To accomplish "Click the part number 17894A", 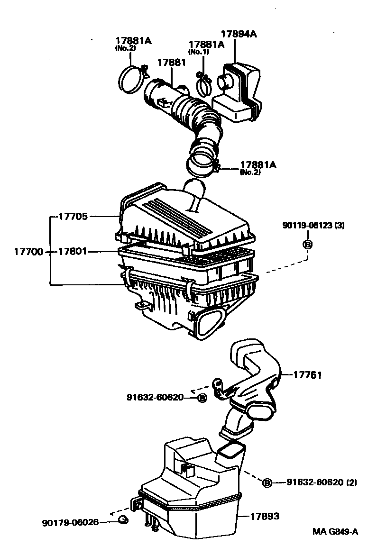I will (239, 34).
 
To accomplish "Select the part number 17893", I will (265, 516).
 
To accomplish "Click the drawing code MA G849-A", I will (335, 532).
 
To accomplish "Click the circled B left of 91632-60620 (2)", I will (267, 482).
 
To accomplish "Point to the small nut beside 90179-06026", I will (124, 521).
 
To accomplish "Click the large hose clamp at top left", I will (131, 79).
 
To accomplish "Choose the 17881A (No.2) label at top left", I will (133, 43).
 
